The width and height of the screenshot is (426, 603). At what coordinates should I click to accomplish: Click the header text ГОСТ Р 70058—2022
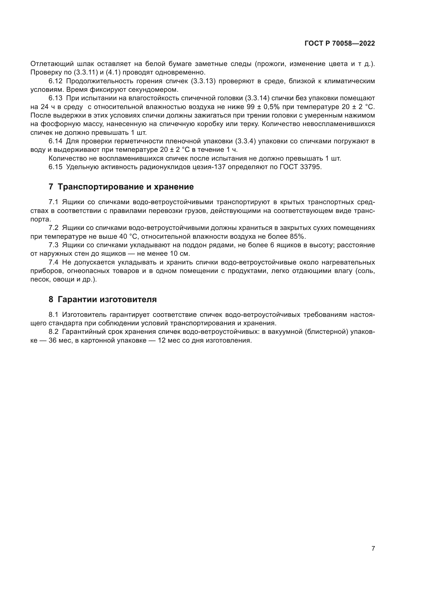click(x=340, y=44)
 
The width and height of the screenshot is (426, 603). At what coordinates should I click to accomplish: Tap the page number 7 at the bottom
click(x=373, y=548)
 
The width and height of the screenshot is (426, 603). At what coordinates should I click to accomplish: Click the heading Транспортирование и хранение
click(x=126, y=187)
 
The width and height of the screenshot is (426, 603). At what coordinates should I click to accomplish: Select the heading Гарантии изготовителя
click(x=107, y=299)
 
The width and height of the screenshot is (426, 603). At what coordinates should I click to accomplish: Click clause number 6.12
click(x=55, y=81)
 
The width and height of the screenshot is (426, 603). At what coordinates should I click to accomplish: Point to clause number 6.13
click(x=55, y=98)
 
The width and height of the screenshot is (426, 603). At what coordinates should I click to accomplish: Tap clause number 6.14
click(x=55, y=141)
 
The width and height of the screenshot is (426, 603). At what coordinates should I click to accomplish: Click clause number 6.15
click(x=55, y=167)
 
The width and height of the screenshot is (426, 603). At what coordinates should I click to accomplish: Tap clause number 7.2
click(x=54, y=228)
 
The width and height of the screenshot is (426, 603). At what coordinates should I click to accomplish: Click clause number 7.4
click(x=54, y=262)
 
